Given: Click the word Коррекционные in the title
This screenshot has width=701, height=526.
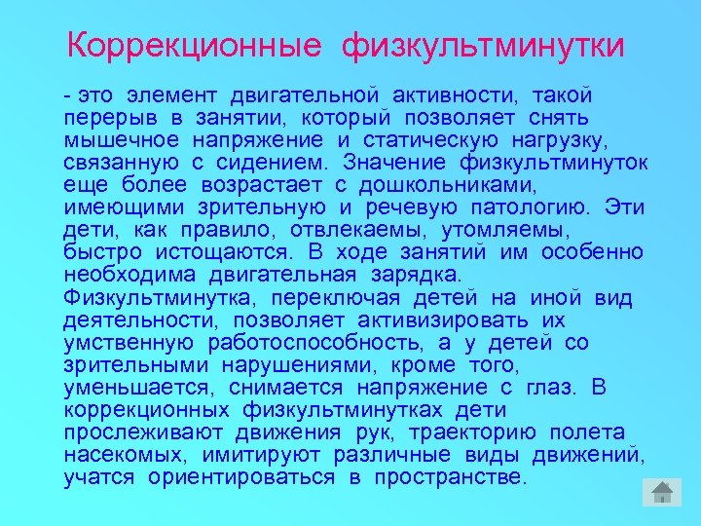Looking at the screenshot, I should pos(195,45).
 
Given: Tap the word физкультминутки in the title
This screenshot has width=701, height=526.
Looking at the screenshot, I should pos(483,45).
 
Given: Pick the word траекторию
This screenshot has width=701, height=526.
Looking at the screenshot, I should pos(471,432).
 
